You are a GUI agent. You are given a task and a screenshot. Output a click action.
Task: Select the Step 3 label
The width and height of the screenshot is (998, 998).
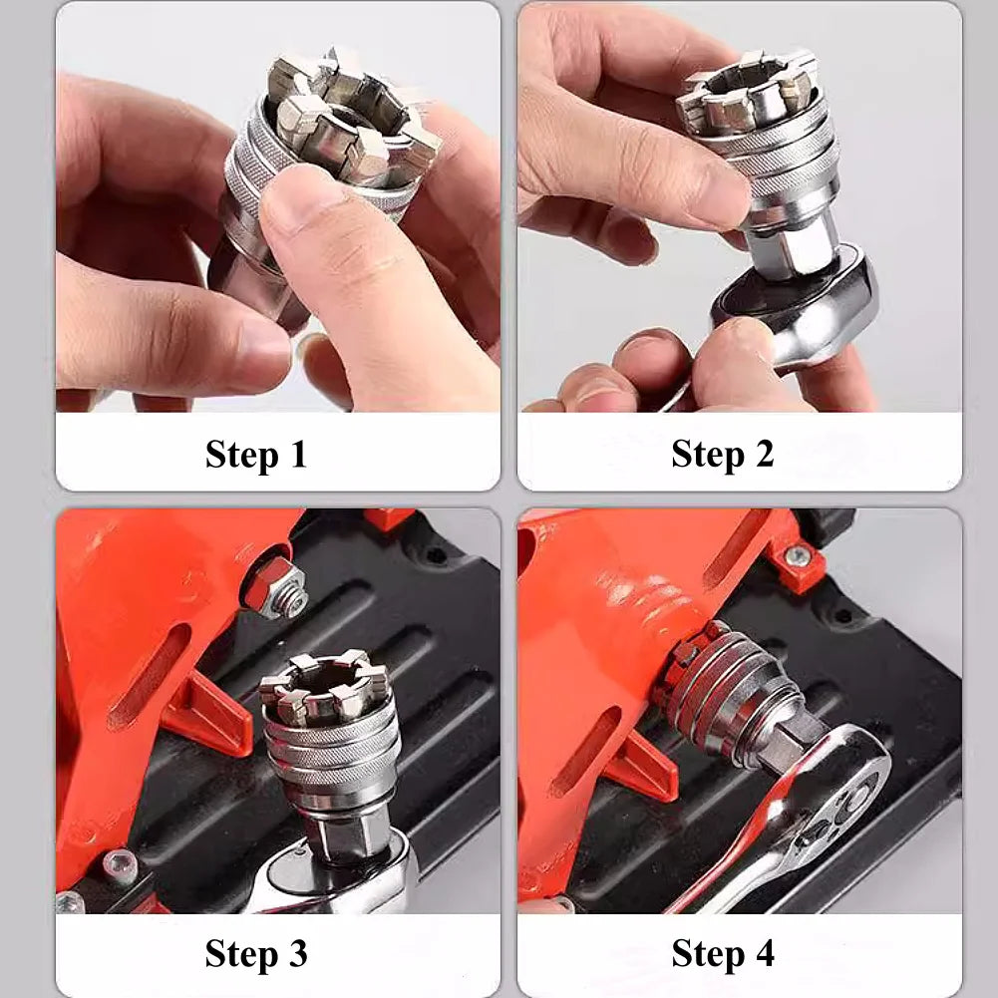coord(256,953)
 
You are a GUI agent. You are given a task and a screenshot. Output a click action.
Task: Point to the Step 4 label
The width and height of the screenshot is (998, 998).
coord(722,953)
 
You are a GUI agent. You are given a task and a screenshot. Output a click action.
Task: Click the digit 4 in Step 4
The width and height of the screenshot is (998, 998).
coord(763,953)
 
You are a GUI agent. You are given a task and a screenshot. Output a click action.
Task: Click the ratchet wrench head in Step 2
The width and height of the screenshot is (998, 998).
coord(798,309)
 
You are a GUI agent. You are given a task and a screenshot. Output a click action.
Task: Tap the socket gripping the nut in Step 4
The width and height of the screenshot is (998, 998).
coord(728,688)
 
